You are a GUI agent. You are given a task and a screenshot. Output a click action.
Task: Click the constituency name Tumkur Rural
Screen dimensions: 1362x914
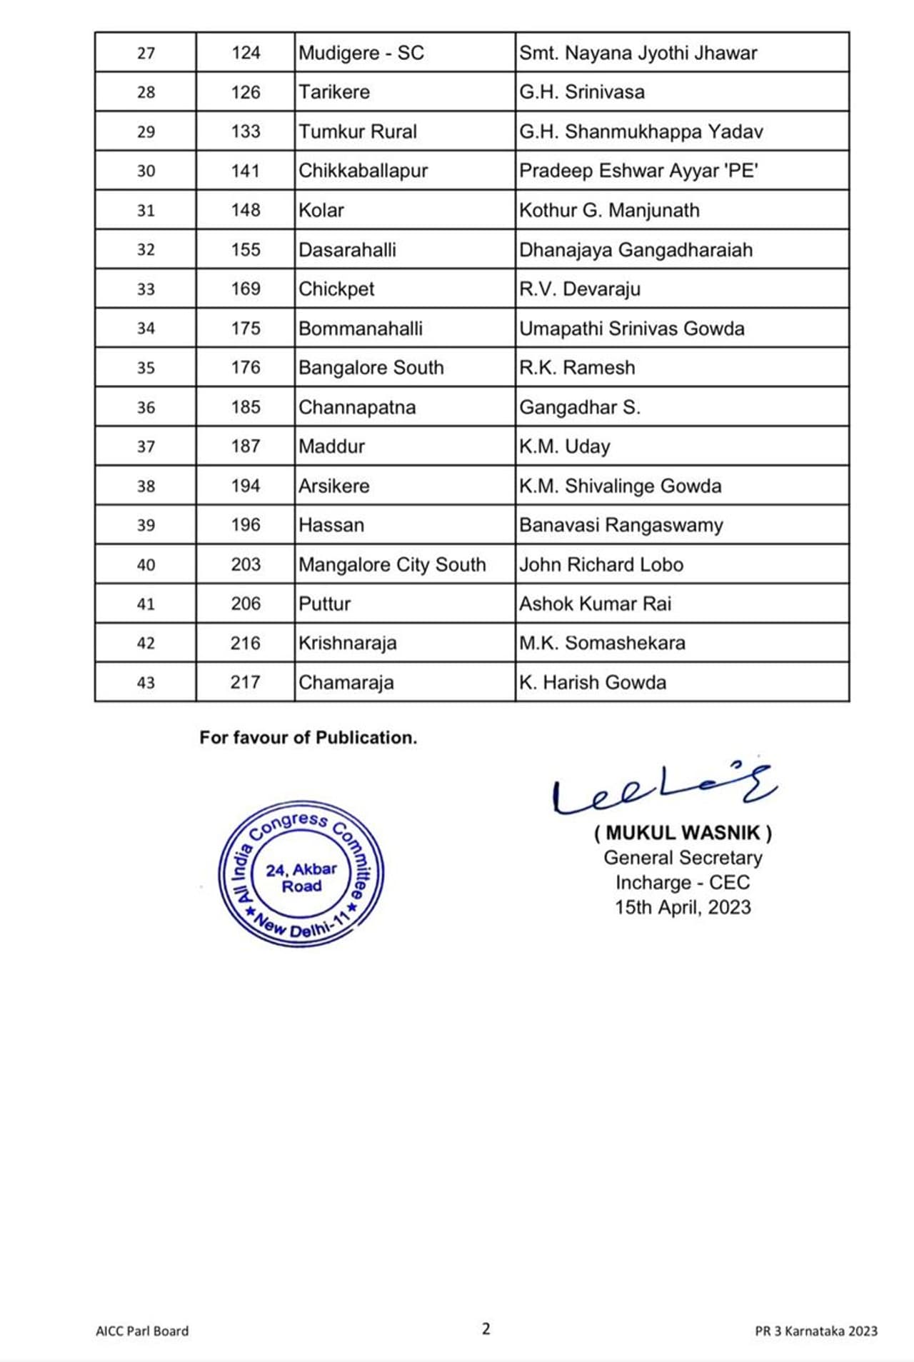pyautogui.click(x=358, y=131)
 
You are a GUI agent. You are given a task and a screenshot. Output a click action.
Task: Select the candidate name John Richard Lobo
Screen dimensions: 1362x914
pyautogui.click(x=601, y=564)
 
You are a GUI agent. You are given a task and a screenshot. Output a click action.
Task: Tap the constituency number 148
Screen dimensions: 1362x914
pyautogui.click(x=246, y=210)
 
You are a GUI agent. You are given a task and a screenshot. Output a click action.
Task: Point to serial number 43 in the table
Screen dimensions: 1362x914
pyautogui.click(x=146, y=683)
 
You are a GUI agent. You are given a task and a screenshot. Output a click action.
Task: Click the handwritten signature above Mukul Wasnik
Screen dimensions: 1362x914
pyautogui.click(x=664, y=789)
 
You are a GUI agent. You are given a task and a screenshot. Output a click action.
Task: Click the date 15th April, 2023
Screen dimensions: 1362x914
pyautogui.click(x=683, y=907)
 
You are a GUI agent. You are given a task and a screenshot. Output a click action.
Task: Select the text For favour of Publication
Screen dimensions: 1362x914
pyautogui.click(x=308, y=738)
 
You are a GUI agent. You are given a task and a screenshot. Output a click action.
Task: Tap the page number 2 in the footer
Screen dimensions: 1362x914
pyautogui.click(x=486, y=1329)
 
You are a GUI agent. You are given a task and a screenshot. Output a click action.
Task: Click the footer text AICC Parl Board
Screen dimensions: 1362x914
pyautogui.click(x=142, y=1331)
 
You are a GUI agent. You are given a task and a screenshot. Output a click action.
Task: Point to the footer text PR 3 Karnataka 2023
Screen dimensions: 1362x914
pyautogui.click(x=816, y=1331)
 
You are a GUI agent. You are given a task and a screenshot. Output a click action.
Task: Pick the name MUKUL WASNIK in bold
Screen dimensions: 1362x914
pyautogui.click(x=683, y=833)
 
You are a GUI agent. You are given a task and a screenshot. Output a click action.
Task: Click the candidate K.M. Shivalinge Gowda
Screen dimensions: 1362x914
pyautogui.click(x=620, y=486)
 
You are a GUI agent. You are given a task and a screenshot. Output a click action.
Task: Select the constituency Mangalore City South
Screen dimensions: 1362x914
pyautogui.click(x=392, y=564)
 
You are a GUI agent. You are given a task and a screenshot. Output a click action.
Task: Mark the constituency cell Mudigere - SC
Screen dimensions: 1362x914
pyautogui.click(x=361, y=53)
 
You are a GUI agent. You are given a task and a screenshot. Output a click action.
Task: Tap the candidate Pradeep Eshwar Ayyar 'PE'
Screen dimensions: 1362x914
pyautogui.click(x=638, y=171)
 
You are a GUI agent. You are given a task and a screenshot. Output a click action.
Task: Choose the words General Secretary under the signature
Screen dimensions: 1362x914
pyautogui.click(x=683, y=858)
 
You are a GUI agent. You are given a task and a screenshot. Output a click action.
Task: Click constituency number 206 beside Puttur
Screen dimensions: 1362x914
pyautogui.click(x=246, y=604)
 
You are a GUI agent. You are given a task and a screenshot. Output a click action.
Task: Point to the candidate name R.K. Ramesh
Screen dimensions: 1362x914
pyautogui.click(x=577, y=368)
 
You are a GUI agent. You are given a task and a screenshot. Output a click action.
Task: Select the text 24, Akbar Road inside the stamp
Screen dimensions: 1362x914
pyautogui.click(x=301, y=878)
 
